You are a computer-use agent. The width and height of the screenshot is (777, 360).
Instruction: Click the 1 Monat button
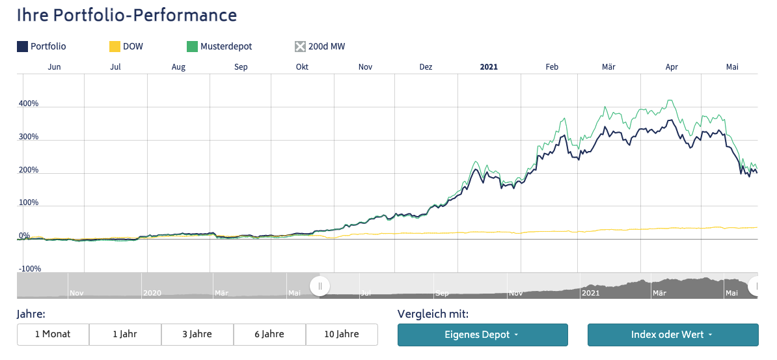[x=53, y=334]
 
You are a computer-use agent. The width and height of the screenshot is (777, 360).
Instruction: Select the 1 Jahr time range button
[x=125, y=334]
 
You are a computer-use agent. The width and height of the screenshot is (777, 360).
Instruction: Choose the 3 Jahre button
[x=197, y=334]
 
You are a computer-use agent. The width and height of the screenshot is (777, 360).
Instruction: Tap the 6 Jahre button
[x=269, y=334]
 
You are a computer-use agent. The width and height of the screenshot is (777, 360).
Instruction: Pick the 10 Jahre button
[x=342, y=334]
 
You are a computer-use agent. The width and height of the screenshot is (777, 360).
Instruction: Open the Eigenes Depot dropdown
[x=482, y=335]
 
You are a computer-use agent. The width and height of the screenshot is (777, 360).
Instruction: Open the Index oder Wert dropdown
[x=672, y=335]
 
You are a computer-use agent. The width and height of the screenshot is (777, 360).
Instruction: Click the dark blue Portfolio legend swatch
[x=22, y=46]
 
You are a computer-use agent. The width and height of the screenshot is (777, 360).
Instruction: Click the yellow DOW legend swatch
[x=115, y=46]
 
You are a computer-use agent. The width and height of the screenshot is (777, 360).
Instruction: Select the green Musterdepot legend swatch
[x=192, y=46]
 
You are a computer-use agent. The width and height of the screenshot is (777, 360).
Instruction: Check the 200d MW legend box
[x=300, y=46]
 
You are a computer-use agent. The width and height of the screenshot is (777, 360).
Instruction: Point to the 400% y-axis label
[x=29, y=104]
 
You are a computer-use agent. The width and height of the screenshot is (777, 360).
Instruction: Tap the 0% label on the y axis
[x=24, y=236]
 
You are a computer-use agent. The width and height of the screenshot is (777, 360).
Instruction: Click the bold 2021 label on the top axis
[x=488, y=67]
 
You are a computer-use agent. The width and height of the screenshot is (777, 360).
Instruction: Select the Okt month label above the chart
[x=302, y=67]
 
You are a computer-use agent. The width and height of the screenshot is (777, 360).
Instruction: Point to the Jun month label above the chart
[x=55, y=67]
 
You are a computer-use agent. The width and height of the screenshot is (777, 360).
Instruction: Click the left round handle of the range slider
[x=320, y=286]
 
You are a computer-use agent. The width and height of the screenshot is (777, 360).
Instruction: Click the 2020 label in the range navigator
[x=152, y=294]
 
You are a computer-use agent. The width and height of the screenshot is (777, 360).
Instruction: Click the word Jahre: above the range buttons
[x=31, y=314]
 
